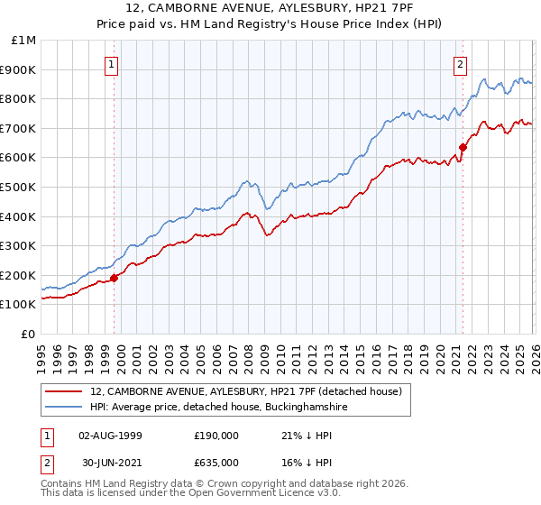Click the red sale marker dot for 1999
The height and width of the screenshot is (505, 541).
(114, 279)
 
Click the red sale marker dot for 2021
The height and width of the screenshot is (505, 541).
(463, 147)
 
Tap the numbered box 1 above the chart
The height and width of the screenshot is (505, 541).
(111, 63)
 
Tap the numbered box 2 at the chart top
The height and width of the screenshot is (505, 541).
(460, 63)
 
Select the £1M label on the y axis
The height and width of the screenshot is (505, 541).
(25, 40)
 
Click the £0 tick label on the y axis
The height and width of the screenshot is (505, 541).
(29, 334)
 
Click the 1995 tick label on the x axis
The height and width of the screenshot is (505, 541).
(41, 353)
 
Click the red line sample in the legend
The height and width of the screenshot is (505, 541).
(65, 391)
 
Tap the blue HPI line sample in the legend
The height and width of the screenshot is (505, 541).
(65, 407)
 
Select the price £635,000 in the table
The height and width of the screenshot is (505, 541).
(216, 462)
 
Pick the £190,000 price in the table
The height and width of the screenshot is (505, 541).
(216, 436)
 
